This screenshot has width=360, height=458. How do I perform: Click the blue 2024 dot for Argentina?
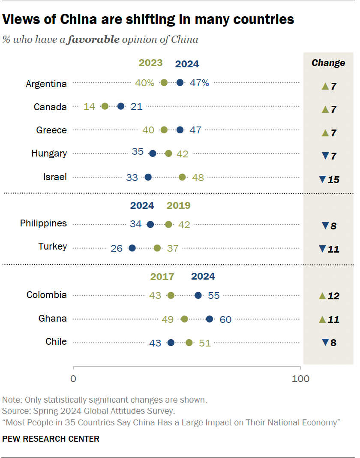point(180,83)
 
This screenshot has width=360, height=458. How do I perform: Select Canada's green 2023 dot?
point(105,106)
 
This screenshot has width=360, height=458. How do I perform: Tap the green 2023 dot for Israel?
point(182,177)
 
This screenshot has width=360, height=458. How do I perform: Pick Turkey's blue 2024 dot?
point(132,248)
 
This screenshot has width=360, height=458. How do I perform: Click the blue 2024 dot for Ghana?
point(210,319)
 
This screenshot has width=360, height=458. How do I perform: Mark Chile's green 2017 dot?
point(189,342)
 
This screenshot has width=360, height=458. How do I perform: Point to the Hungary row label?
point(49,153)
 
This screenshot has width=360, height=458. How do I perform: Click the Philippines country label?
point(44,223)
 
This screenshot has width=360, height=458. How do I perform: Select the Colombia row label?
point(47,295)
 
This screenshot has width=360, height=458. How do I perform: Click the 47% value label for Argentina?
point(199,83)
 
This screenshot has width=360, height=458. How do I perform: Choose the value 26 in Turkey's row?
point(117,248)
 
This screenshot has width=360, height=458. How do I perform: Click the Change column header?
point(328,63)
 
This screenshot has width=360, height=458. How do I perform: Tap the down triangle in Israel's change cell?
point(322,180)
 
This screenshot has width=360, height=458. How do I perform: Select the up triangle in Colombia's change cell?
point(322,295)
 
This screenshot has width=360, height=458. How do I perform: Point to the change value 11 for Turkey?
point(333,249)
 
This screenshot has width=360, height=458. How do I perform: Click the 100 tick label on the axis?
point(301,379)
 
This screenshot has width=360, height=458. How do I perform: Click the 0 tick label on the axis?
point(73,379)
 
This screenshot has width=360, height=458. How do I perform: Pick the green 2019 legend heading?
point(179,205)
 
